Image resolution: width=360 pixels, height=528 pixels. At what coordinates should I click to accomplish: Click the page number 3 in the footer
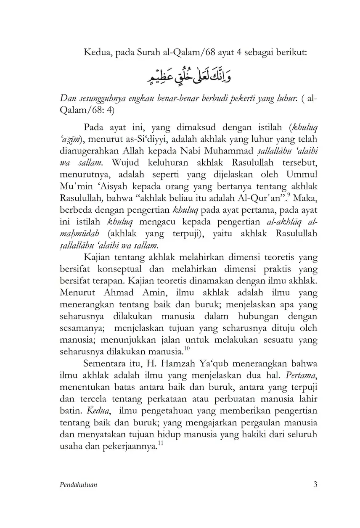[315, 485]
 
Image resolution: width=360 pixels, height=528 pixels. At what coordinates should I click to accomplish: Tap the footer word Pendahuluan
[79, 485]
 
